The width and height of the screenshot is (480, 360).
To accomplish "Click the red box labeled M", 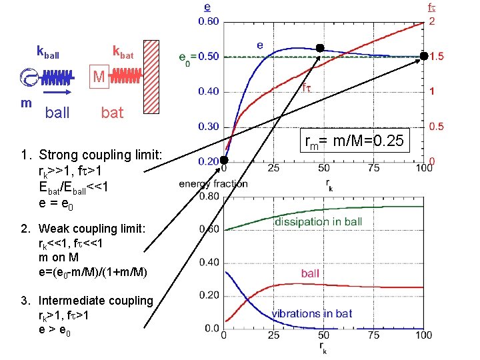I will tap(99, 77).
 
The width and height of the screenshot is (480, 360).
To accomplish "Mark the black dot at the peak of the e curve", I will tap(320, 48).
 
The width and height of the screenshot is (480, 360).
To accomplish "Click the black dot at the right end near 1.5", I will tap(424, 57).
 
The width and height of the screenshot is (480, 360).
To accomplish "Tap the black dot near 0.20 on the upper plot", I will tap(225, 160).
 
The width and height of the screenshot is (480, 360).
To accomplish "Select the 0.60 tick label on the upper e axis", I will tap(209, 21).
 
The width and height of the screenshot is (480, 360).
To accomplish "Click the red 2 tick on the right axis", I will tap(433, 21).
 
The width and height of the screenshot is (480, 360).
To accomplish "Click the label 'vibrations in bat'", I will tap(312, 313).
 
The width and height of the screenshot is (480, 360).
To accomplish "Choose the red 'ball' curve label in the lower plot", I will tap(310, 273).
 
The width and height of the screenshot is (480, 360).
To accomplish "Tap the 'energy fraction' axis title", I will tap(213, 183).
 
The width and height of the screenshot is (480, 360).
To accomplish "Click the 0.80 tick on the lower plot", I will tap(209, 196).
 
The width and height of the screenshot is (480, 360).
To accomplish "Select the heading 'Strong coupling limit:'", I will tap(100, 155).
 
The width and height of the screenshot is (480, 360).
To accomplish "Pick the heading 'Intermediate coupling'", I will tap(96, 300).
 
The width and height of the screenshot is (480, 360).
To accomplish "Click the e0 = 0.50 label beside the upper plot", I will tap(198, 57).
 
